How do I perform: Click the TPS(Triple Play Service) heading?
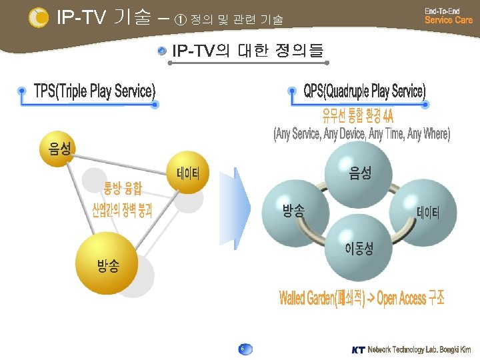pos(95,91)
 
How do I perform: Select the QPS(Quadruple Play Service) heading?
pos(364,91)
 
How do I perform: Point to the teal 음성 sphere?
pos(360,174)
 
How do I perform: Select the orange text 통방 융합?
pos(122,189)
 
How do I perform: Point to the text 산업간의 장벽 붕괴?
pos(122,212)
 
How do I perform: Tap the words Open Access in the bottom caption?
pos(401,298)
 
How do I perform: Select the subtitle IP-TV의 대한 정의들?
pos(247,51)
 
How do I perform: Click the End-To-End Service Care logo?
pos(448,15)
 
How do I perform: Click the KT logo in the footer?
pos(358,349)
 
